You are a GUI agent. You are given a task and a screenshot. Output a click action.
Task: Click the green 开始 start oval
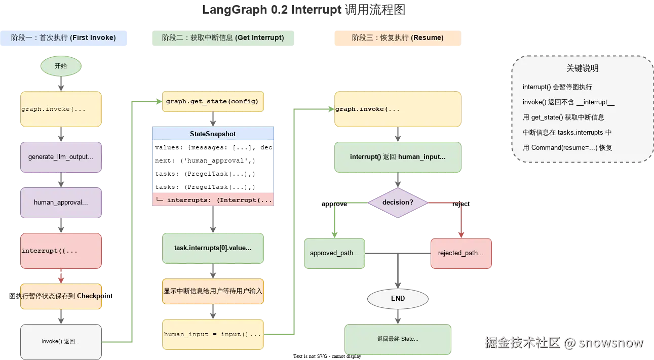[x=61, y=66]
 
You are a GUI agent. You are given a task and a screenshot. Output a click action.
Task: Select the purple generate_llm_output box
[x=61, y=157]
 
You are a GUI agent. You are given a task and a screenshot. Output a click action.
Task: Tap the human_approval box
[x=61, y=203]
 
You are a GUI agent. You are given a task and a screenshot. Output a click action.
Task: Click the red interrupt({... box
[x=61, y=251]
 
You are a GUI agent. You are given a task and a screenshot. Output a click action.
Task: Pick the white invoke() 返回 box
[x=61, y=342]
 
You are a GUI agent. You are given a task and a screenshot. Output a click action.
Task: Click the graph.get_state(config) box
[x=213, y=101]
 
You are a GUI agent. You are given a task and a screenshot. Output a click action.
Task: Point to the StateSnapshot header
[x=213, y=134]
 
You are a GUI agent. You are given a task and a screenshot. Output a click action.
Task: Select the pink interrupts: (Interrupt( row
[x=213, y=199]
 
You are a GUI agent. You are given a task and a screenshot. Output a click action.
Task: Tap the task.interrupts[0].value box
[x=213, y=248]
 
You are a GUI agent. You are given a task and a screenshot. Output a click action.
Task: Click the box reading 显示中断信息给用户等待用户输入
[x=213, y=291]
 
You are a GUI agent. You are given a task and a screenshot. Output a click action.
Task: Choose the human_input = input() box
[x=213, y=334]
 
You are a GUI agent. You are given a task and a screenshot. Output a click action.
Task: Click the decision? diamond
[x=398, y=203]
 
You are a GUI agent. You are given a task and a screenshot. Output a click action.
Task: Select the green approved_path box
[x=334, y=253]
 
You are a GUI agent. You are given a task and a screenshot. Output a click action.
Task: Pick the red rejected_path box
[x=460, y=253]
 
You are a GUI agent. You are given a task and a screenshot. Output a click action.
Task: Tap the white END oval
[x=398, y=299]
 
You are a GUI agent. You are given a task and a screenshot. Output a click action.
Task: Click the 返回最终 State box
[x=398, y=339]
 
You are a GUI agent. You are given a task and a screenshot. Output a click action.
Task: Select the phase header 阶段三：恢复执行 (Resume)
[x=397, y=38]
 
